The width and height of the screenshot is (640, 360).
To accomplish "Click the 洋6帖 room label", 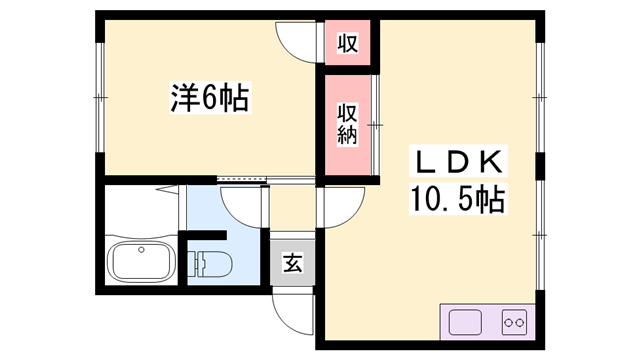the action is pyautogui.click(x=210, y=98).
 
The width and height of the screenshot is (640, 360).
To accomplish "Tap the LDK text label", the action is pyautogui.click(x=458, y=162).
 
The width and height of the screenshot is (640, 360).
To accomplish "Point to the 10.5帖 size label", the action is pyautogui.click(x=458, y=198).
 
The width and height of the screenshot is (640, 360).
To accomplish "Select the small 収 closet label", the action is pyautogui.click(x=347, y=42).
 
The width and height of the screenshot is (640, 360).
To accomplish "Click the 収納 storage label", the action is pyautogui.click(x=347, y=124).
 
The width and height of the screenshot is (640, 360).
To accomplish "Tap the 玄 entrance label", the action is pyautogui.click(x=293, y=262).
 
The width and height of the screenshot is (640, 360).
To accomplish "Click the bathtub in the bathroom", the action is pyautogui.click(x=141, y=261).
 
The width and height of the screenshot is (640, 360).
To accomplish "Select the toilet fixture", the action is pyautogui.click(x=210, y=264).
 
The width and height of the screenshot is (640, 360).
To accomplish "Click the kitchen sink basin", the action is pyautogui.click(x=465, y=322).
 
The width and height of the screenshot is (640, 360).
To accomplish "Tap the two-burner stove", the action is pyautogui.click(x=514, y=322).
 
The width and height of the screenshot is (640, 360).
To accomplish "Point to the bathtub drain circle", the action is pyautogui.click(x=141, y=249).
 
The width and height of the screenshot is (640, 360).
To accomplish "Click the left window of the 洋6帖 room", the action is pyautogui.click(x=100, y=98).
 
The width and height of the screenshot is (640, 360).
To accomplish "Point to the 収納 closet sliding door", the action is pyautogui.click(x=376, y=125).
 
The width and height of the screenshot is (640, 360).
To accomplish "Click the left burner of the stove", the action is pyautogui.click(x=508, y=323).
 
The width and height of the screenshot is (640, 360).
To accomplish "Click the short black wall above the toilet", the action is pyautogui.click(x=203, y=236).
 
